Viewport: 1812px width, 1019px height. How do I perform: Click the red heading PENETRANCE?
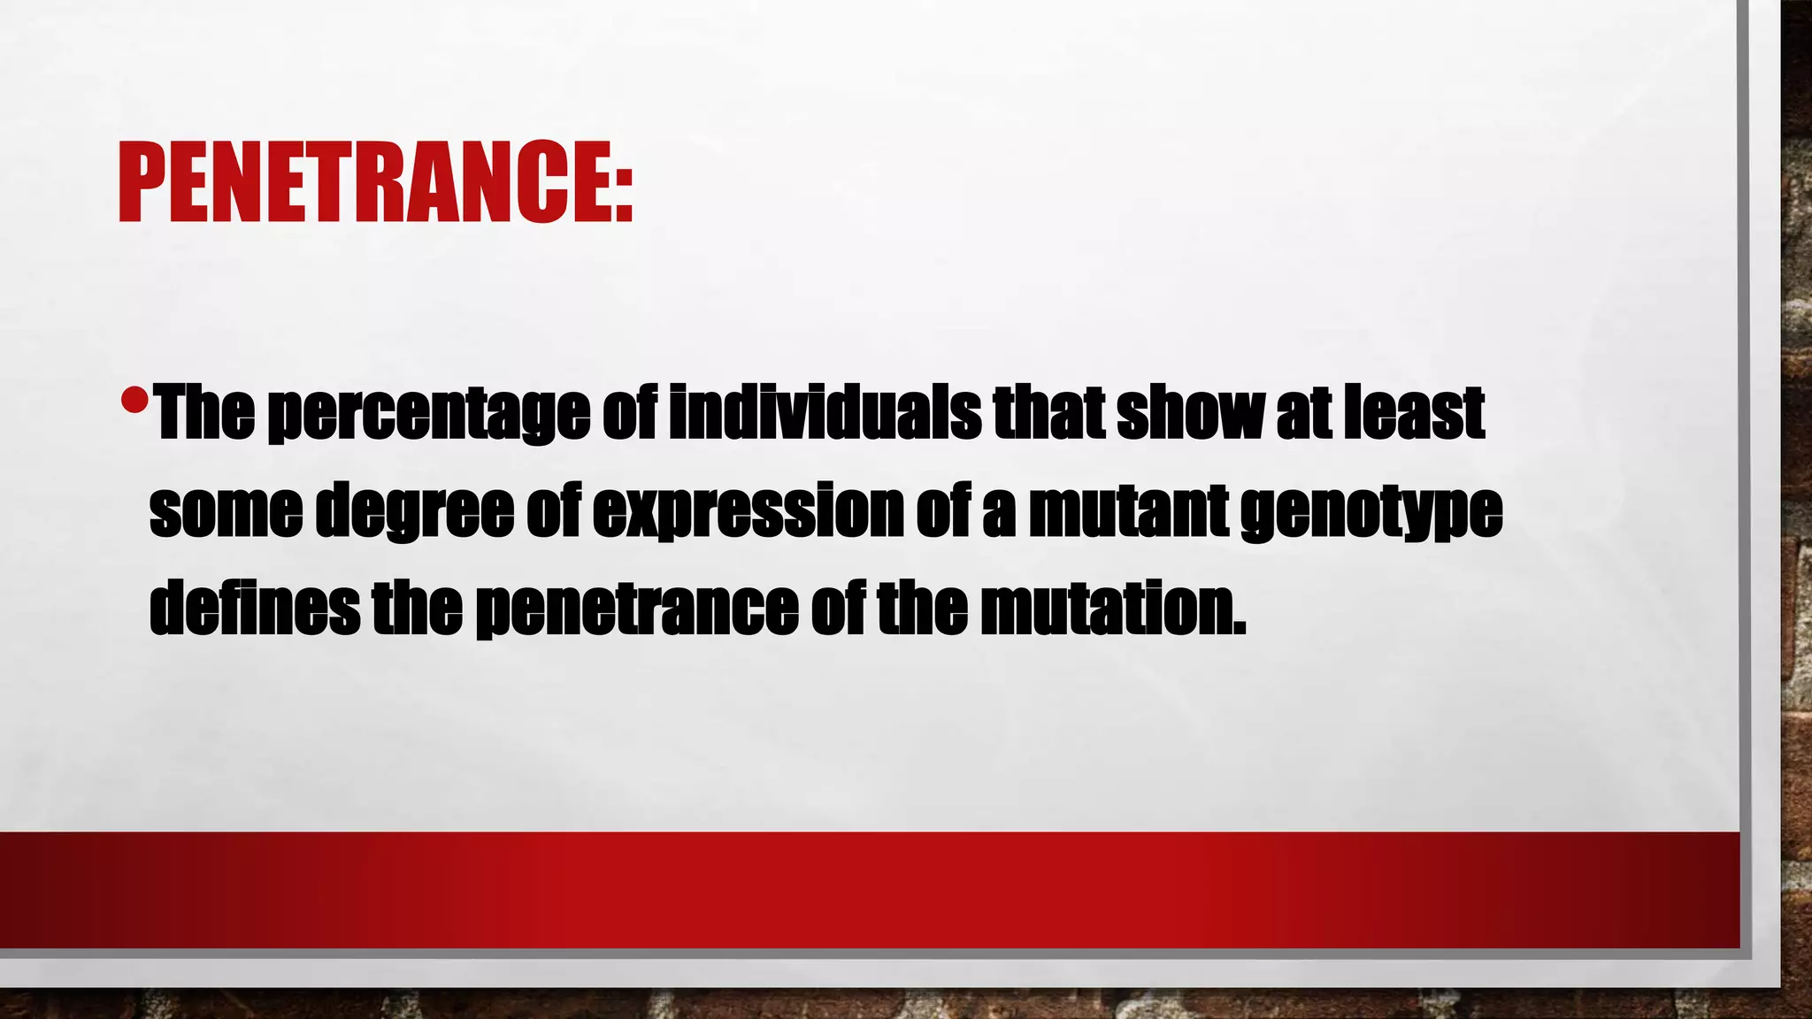(x=375, y=182)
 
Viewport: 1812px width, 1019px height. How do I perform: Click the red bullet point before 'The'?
(x=134, y=401)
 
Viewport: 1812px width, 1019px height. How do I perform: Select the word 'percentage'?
(x=428, y=414)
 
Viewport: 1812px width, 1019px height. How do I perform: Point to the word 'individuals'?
(x=825, y=412)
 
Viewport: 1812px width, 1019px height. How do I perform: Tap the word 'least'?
(x=1413, y=412)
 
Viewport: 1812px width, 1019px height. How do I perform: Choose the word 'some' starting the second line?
(x=226, y=511)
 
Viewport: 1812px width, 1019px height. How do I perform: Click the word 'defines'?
(x=254, y=609)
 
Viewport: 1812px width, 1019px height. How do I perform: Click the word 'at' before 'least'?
(x=1305, y=414)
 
